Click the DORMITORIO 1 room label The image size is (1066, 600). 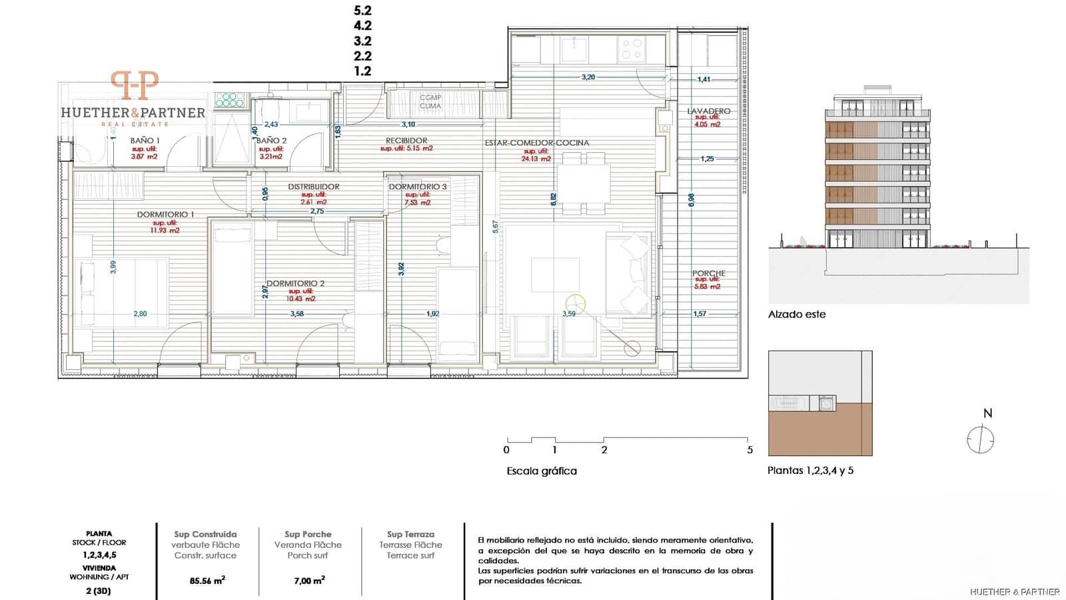[x=165, y=215]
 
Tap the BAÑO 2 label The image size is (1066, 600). [x=272, y=141]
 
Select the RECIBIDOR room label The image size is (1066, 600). [x=406, y=141]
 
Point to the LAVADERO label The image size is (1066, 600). [x=709, y=111]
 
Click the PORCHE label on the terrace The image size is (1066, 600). [x=708, y=273]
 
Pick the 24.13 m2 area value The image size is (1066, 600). [x=536, y=159]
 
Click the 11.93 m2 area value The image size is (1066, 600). [x=165, y=231]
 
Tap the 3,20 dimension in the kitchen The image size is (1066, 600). [x=588, y=77]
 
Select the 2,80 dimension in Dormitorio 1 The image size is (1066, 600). [x=140, y=314]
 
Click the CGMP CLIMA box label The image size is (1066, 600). [x=430, y=101]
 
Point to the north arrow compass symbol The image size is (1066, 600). [x=980, y=440]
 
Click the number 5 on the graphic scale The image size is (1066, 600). [x=750, y=450]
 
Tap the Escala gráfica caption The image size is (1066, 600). [x=542, y=471]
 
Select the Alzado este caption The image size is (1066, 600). [x=796, y=315]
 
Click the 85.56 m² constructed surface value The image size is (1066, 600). [x=207, y=581]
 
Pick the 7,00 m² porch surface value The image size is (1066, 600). [x=309, y=581]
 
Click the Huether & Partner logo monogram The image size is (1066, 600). [x=134, y=85]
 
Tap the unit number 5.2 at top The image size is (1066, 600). [x=362, y=11]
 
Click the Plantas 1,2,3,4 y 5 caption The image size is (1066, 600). [x=810, y=471]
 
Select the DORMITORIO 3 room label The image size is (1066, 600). [x=418, y=187]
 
